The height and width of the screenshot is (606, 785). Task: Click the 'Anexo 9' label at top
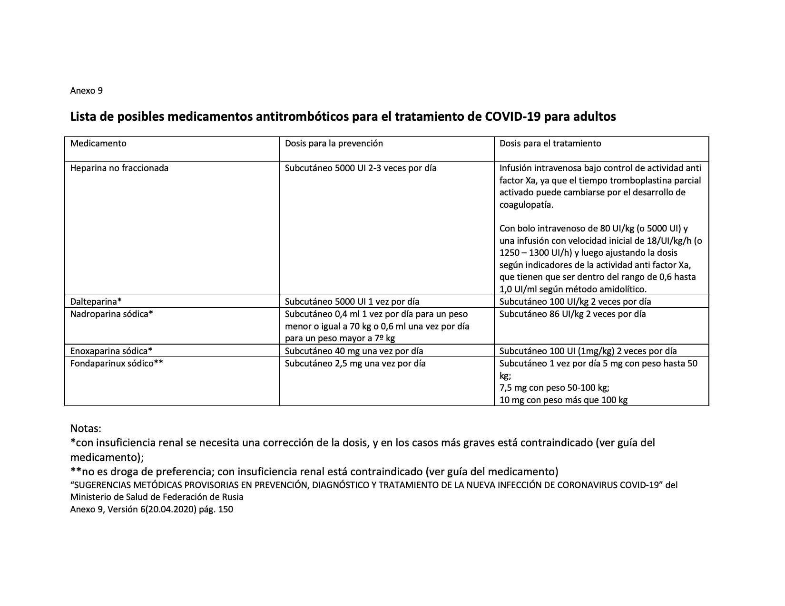click(86, 90)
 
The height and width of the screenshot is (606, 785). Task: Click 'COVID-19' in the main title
click(512, 117)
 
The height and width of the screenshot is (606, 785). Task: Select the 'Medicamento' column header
click(98, 143)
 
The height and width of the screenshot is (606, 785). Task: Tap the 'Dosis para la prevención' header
click(334, 143)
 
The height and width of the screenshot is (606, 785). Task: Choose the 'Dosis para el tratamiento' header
click(550, 143)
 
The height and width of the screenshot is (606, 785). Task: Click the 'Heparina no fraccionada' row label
click(119, 168)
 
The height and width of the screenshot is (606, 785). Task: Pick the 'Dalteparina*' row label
click(96, 301)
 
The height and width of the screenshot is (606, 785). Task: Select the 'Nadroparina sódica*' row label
click(111, 314)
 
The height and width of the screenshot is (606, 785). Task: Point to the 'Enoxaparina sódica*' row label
click(111, 351)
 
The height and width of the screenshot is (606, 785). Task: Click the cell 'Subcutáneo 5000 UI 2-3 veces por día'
click(360, 168)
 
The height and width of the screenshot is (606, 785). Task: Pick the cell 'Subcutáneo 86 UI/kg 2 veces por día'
click(572, 314)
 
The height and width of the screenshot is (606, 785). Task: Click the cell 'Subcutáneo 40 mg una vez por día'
click(354, 351)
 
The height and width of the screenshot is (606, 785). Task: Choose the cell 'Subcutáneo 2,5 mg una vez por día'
click(355, 364)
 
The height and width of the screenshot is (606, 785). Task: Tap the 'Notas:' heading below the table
click(86, 428)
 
